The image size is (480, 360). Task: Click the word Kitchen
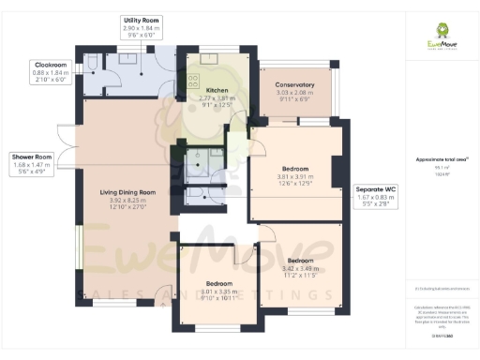coord(217,90)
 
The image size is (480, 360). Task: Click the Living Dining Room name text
coord(127,192)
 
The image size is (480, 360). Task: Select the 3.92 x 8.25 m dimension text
coord(127,200)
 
